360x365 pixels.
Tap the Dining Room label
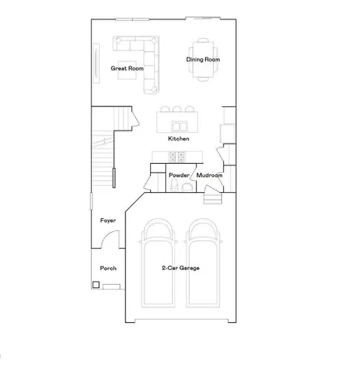point(204,59)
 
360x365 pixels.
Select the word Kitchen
point(179,139)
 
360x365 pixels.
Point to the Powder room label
point(179,174)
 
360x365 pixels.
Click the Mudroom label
point(209,174)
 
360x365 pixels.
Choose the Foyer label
point(108,221)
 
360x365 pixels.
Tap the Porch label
point(108,268)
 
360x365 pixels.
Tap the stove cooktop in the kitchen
point(158,157)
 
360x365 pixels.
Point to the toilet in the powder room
point(187,187)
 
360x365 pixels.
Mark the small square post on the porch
point(96,285)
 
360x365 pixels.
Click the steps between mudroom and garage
point(212,197)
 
